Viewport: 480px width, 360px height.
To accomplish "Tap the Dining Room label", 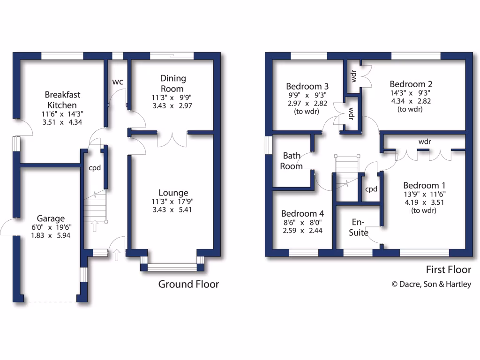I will coord(173,83).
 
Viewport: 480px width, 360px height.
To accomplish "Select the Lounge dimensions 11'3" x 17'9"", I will coord(173,202).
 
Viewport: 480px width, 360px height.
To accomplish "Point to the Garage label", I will coord(51,218).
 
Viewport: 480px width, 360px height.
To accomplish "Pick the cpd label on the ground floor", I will coord(95,168).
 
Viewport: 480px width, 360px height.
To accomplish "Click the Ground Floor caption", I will coord(188,284).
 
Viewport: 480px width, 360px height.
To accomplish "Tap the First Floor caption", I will coord(448,270).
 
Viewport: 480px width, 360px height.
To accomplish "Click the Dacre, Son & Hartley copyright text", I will coord(431,284).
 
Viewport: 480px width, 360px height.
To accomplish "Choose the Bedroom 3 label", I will coord(307,86).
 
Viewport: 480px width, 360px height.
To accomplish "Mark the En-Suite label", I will coord(360,227).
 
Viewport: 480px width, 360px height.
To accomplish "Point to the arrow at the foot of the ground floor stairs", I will coord(95,226).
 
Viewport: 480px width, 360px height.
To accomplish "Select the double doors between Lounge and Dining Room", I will coord(172,139).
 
